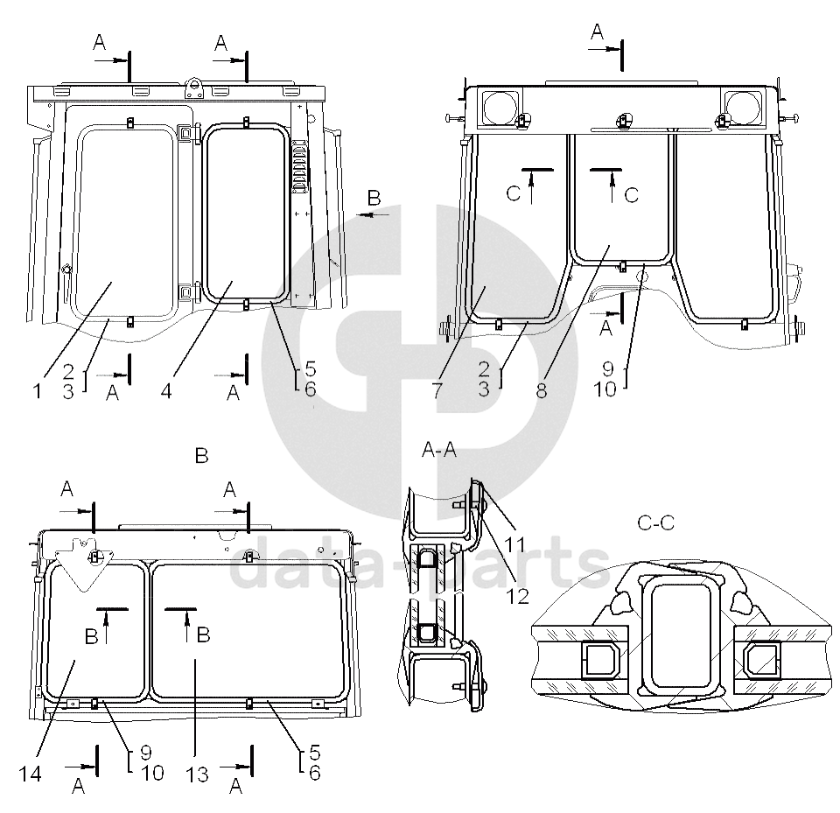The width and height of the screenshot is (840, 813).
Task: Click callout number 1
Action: [x=37, y=390]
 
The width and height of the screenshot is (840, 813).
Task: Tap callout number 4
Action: [x=166, y=390]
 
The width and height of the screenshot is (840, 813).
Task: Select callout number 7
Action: [x=437, y=390]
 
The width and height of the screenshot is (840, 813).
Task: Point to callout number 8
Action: [x=542, y=390]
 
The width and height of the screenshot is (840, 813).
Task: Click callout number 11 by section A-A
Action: [x=514, y=544]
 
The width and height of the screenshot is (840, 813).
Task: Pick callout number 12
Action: [x=517, y=596]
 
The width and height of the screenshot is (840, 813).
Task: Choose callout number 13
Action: [x=197, y=774]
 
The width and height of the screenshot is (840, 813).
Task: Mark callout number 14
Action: [x=30, y=774]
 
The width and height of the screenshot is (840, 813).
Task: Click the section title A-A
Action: [x=439, y=450]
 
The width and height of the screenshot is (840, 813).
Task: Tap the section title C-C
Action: [x=655, y=522]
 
